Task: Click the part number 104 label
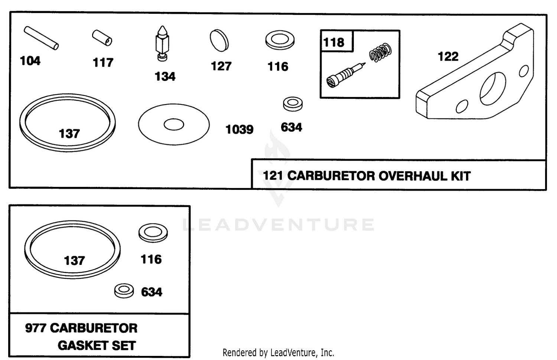tap(30, 61)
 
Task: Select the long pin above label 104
tap(41, 38)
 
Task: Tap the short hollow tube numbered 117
tap(102, 38)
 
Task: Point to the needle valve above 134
tap(163, 43)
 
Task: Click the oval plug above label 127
tap(219, 40)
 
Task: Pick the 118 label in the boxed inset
tap(334, 42)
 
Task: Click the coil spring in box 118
tap(380, 52)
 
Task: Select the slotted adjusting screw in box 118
tap(346, 75)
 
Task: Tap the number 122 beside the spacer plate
tap(448, 56)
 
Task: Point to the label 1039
tap(240, 130)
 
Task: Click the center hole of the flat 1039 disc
tap(174, 125)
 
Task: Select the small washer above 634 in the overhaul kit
tap(293, 104)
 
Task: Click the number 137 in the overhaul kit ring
tap(69, 134)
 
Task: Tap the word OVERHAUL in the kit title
tap(413, 176)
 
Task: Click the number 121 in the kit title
tap(273, 176)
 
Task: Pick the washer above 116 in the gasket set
tap(153, 233)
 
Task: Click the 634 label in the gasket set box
tap(152, 292)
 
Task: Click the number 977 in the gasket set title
tap(35, 328)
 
